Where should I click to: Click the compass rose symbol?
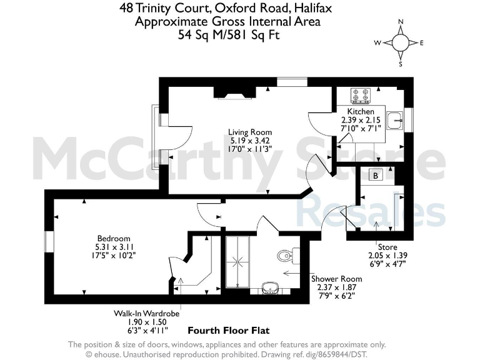coord(400,42)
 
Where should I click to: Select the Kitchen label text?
coord(361,111)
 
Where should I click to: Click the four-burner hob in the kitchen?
coord(361,95)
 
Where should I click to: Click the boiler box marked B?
coord(376,176)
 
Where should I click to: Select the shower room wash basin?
coord(270,287)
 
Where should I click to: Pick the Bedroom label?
coord(114,238)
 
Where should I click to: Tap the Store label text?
coord(386,247)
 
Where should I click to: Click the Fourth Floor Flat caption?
coord(229,330)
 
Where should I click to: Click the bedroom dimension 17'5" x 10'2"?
coord(114,256)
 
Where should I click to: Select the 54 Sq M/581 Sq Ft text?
coord(228,34)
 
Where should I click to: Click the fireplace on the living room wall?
coord(235,92)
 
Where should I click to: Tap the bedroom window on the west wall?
coord(47,242)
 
